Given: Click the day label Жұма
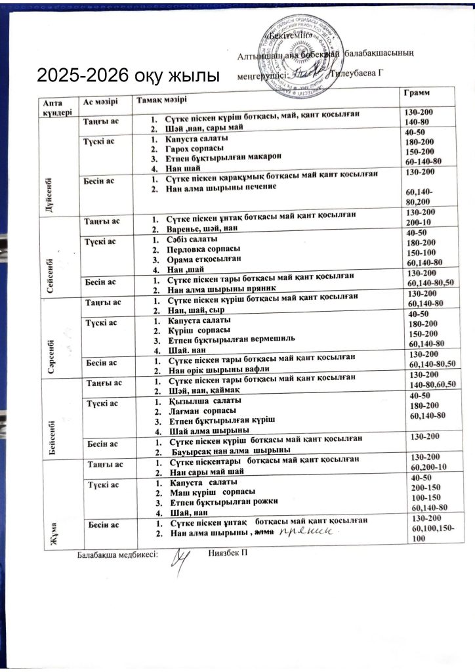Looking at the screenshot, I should point(51,529).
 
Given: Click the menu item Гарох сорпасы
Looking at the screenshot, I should point(196,150).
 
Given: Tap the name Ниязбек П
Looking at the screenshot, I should point(234,555).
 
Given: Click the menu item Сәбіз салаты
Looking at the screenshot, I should point(194,239).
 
